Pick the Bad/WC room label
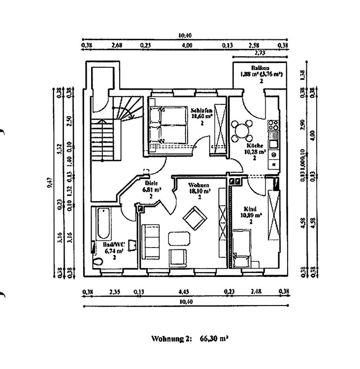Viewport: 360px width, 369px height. (114, 244)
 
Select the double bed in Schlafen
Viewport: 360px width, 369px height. (169, 125)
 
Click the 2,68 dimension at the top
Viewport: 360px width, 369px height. (117, 45)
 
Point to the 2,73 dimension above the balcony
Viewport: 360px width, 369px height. (260, 52)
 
